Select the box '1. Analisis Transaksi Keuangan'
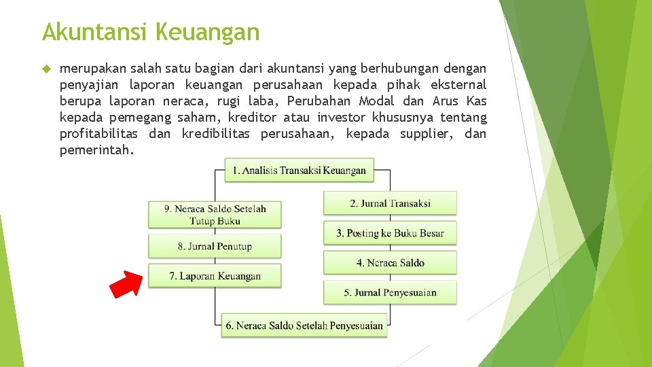click(299, 171)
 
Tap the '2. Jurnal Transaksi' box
click(390, 203)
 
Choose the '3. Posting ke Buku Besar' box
click(390, 233)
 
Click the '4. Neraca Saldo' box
click(390, 263)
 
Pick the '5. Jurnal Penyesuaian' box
click(390, 293)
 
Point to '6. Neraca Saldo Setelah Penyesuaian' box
click(304, 326)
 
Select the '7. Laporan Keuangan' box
click(215, 276)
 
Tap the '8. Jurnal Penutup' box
click(215, 246)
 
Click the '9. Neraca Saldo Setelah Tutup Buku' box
click(215, 215)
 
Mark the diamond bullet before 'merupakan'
click(46, 69)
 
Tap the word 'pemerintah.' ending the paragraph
click(97, 150)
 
